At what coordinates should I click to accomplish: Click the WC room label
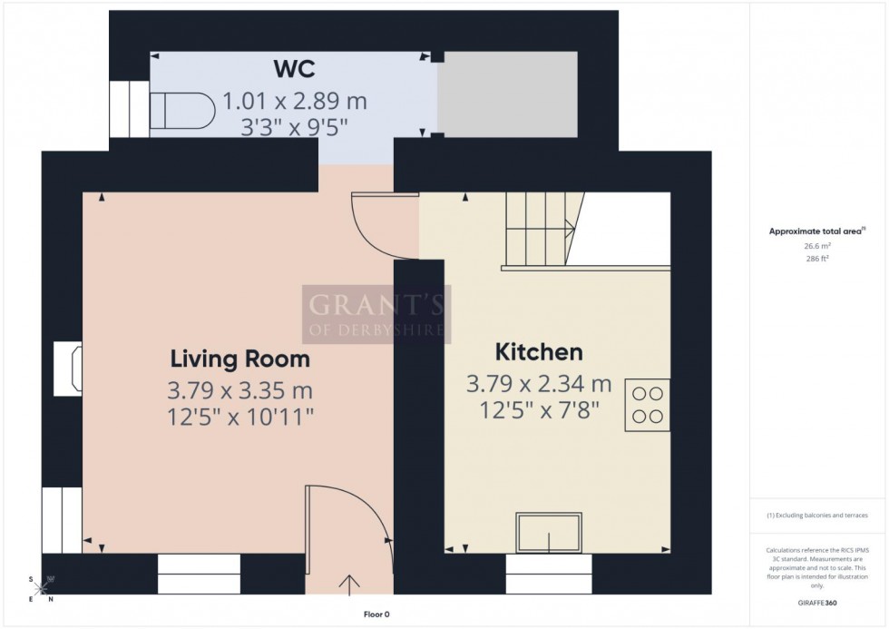click(x=295, y=71)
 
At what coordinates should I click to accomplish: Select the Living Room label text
click(x=239, y=359)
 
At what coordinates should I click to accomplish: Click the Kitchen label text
click(x=539, y=352)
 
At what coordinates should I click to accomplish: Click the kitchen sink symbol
click(x=550, y=532)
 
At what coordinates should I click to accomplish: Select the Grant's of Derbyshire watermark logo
click(x=376, y=314)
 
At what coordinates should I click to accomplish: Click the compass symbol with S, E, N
click(x=41, y=587)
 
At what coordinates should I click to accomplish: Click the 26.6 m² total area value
click(x=819, y=245)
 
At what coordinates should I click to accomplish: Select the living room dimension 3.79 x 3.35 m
click(x=239, y=390)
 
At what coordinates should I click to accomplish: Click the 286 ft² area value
click(x=819, y=258)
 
